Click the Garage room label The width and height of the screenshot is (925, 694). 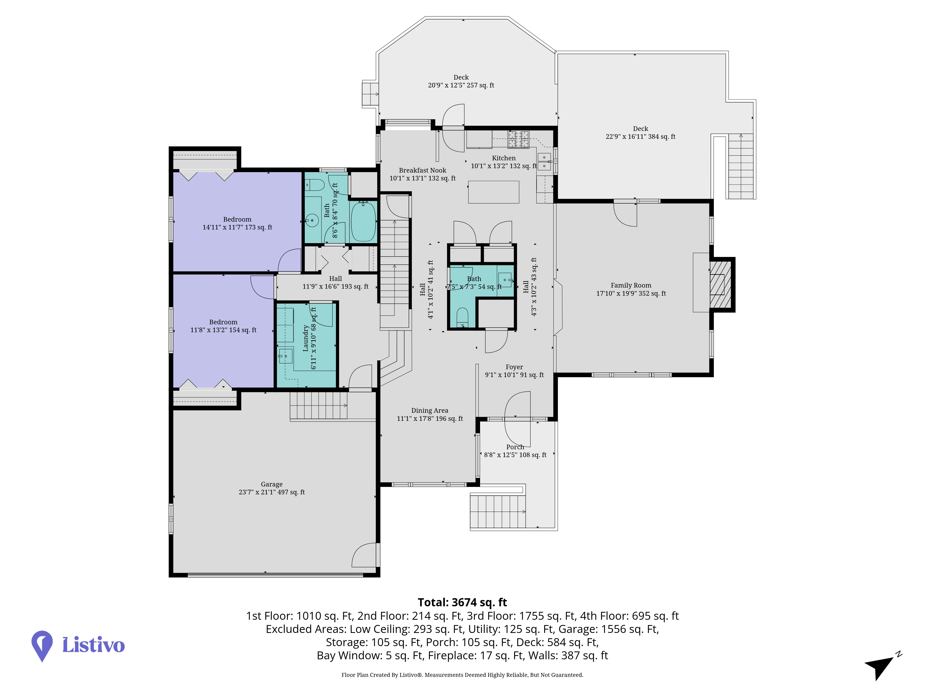tap(272, 488)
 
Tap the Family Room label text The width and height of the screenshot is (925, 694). tap(631, 289)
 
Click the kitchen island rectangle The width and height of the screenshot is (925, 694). tap(493, 192)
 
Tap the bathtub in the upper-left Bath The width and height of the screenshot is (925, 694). tap(363, 221)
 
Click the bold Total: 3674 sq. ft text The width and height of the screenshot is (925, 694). tap(462, 602)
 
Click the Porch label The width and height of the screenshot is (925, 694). tap(515, 451)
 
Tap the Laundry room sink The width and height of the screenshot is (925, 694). tap(286, 356)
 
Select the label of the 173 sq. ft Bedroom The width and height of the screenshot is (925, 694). tap(237, 223)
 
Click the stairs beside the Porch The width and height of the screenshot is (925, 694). tap(498, 511)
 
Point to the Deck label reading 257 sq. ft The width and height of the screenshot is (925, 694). tap(461, 81)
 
